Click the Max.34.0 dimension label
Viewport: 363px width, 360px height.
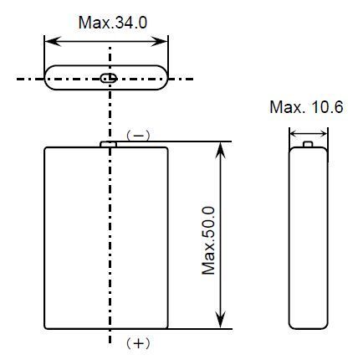point(113,23)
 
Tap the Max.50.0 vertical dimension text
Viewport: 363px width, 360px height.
point(208,240)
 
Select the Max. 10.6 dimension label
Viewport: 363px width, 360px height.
point(306,107)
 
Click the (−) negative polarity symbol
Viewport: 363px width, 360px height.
point(138,136)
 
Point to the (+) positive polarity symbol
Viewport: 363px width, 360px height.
point(138,343)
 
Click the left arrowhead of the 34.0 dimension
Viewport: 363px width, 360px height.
point(53,42)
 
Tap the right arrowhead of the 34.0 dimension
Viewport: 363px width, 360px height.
point(160,42)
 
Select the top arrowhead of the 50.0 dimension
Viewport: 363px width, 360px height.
point(221,151)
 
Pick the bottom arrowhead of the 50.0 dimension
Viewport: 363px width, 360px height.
point(221,320)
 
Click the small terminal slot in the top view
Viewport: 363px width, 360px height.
point(109,79)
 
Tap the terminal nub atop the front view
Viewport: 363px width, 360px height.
point(108,144)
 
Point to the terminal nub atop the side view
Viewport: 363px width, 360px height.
point(308,144)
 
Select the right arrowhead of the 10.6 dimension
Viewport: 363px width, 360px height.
point(323,134)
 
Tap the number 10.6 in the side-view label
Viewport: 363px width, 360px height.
point(327,107)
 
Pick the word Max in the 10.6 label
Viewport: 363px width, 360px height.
point(285,107)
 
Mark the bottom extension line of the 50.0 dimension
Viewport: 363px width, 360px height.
point(200,329)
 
